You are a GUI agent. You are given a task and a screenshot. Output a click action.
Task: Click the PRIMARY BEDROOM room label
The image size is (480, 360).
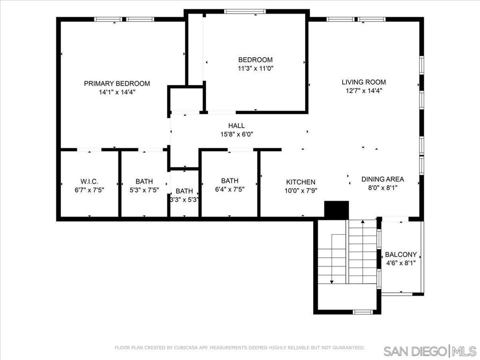tap(117, 83)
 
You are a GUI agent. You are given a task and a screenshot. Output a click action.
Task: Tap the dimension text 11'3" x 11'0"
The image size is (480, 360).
tap(255, 68)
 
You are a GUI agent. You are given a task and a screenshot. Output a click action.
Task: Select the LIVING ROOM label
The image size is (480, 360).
tap(364, 82)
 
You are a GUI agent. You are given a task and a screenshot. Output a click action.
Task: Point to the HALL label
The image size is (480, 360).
tap(236, 126)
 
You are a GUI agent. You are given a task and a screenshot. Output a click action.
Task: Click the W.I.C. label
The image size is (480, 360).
tap(90, 181)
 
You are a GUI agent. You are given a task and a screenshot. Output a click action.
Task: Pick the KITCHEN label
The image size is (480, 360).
tap(300, 182)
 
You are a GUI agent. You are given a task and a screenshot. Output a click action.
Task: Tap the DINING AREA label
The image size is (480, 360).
tap(382, 179)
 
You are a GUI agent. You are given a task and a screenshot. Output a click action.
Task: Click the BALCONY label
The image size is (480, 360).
tap(401, 255)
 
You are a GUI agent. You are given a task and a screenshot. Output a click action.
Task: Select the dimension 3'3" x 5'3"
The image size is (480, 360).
tap(185, 200)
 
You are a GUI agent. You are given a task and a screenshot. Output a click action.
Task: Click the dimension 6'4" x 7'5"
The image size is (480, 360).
tap(230, 189)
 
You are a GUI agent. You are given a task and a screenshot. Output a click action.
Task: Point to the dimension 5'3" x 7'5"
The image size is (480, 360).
tap(144, 190)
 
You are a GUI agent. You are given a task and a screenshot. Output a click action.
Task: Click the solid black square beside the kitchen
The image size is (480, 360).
tap(337, 210)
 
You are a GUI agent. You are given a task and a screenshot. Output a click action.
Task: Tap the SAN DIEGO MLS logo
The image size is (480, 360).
tap(430, 351)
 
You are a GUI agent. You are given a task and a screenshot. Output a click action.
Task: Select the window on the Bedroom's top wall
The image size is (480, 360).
tap(245, 11)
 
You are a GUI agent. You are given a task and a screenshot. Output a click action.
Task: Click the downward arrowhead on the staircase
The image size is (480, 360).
tap(332, 282)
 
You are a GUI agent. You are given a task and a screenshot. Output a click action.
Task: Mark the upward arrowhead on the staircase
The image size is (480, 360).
tap(363, 221)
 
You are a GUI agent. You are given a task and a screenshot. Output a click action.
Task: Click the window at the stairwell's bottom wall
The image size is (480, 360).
tap(363, 312)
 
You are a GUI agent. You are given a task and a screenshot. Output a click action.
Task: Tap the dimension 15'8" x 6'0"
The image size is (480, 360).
tap(237, 134)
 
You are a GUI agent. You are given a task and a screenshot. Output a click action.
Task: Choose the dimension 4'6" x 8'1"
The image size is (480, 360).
tap(401, 263)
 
